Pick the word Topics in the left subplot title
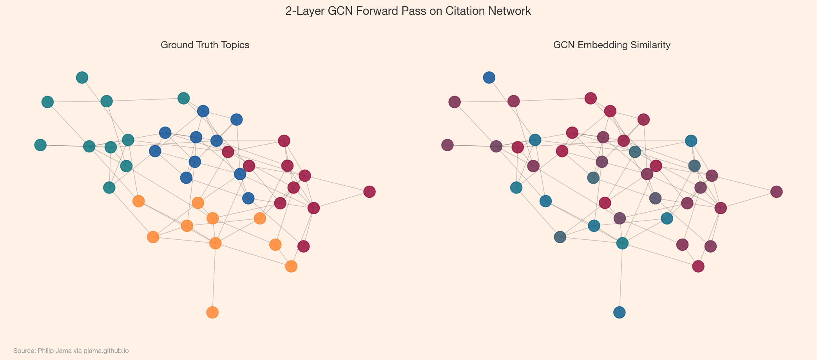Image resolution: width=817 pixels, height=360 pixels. (235, 45)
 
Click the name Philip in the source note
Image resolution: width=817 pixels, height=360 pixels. (46, 351)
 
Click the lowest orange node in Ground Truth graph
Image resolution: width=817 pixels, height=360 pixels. (212, 312)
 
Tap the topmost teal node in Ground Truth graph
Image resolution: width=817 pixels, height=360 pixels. (82, 78)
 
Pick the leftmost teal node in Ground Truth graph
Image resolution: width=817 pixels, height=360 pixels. (40, 145)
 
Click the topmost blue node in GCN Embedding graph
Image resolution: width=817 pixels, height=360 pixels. (489, 78)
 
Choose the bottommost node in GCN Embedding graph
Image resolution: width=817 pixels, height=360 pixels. (619, 312)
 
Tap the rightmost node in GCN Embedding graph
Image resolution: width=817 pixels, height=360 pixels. (776, 192)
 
